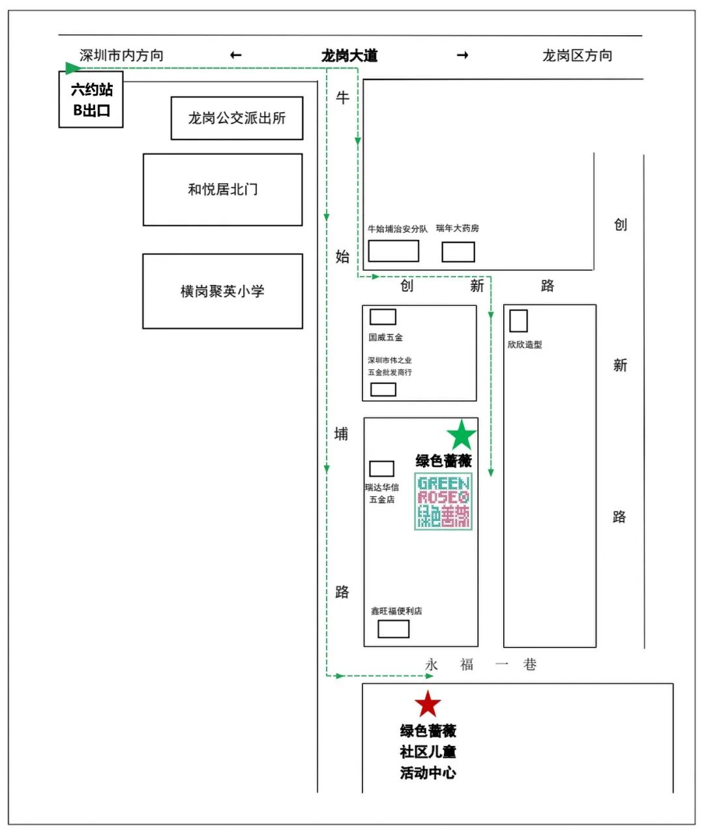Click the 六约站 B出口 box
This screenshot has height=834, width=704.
pos(91,100)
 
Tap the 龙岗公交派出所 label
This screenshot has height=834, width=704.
pos(237,118)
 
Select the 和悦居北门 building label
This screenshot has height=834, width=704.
pos(223,189)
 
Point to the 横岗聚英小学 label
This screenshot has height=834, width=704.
pos(222,291)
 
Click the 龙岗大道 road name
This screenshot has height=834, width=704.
pos(349,55)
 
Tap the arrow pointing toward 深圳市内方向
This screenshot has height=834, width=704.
pos(236,55)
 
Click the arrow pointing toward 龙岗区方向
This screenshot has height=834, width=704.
pos(462,55)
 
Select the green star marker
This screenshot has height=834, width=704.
pos(462,435)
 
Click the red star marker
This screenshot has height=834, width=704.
pos(428,704)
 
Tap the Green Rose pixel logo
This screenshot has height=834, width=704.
pos(443,501)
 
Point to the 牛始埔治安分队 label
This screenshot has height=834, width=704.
pos(398,229)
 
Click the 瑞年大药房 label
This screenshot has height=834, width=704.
pos(458,228)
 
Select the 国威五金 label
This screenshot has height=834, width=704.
pos(386,337)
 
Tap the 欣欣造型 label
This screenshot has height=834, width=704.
pos(525,344)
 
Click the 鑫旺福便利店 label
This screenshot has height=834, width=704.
pos(396,611)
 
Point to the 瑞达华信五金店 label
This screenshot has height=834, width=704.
pos(382,493)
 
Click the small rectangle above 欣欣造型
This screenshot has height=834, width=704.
pos(518,321)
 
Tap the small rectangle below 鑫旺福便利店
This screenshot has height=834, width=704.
pos(394,629)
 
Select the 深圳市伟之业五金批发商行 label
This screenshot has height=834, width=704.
pos(390,366)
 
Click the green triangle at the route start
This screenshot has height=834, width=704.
pos(72,68)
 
